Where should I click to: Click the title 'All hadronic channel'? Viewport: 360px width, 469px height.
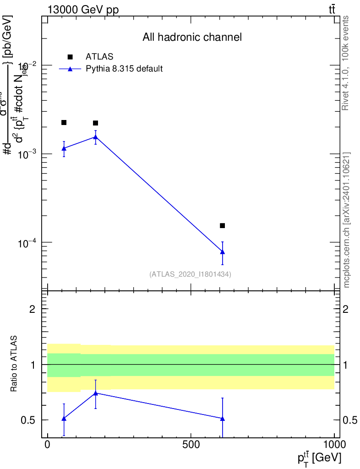pos(191,37)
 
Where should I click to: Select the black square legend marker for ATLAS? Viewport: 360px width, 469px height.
pos(70,57)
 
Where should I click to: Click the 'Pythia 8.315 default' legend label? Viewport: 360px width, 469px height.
pos(125,69)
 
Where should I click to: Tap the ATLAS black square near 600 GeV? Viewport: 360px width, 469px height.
pos(223,225)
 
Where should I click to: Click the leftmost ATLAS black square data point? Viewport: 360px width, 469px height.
pos(64,122)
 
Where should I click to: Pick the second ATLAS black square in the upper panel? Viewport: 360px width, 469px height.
pos(95,123)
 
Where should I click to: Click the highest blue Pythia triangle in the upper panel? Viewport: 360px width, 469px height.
pos(95,136)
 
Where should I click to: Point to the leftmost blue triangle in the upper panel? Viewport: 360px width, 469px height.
pos(64,148)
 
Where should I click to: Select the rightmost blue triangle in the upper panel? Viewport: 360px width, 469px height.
pos(223,251)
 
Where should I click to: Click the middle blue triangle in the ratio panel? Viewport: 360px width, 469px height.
pos(95,393)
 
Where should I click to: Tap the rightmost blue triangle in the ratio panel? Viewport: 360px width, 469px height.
pos(223,418)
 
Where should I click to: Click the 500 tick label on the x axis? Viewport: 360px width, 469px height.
pos(191,445)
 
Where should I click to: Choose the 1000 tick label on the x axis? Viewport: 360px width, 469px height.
pos(334,445)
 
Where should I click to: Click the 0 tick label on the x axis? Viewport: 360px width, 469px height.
pos(47,445)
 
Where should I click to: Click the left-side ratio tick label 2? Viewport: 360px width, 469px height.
pos(33,309)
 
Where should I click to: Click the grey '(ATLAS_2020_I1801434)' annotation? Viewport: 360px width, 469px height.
pos(190,274)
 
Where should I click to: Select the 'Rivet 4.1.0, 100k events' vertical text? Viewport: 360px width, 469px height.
pos(346,63)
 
